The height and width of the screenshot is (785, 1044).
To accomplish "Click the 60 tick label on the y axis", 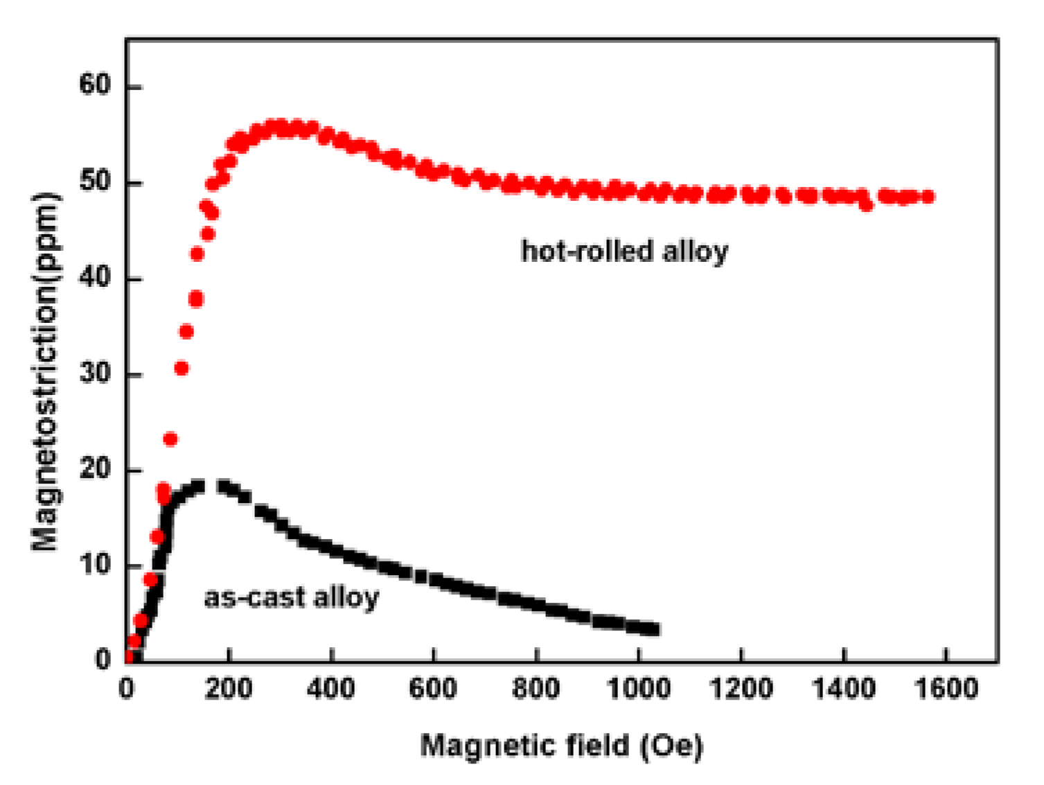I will coord(95,86).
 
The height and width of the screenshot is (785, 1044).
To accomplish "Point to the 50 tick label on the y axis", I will coord(95,182).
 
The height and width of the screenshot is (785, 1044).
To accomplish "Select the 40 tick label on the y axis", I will coord(95,278).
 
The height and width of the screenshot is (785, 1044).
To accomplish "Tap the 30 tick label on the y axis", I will coord(95,373).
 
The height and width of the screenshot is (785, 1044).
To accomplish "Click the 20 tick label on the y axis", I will coord(95,469).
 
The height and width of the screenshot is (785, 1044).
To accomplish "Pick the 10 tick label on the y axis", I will coord(95,565).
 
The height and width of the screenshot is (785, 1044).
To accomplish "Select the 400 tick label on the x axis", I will coord(330,689).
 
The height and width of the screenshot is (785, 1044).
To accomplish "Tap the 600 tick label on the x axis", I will coord(433,689).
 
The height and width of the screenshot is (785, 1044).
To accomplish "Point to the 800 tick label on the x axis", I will coord(536,689).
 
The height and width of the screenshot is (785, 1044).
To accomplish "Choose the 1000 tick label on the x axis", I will coord(638,689).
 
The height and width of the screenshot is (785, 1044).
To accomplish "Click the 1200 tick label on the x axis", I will coord(741,689).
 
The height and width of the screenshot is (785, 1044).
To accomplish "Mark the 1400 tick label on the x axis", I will coord(843,689).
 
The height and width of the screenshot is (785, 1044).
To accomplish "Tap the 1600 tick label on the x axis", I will coord(946,689).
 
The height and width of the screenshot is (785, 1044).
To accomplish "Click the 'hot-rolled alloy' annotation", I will coord(624,250).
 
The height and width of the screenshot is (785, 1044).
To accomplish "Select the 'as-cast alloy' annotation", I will coord(291,597).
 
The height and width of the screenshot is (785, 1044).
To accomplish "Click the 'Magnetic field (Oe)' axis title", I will coord(561,746).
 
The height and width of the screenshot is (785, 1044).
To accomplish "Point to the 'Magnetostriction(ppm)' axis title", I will coord(45,372).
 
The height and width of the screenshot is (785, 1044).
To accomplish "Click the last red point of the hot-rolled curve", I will coord(928,197).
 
